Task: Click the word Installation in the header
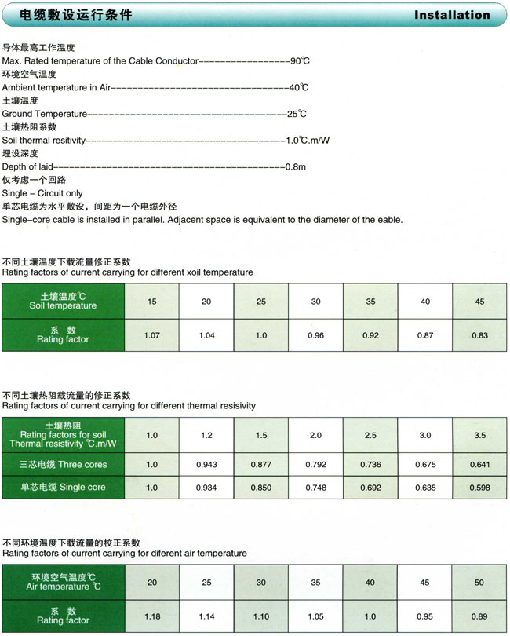click(451, 15)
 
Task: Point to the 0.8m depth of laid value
click(295, 166)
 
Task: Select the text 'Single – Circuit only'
click(42, 193)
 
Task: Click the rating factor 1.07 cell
click(151, 335)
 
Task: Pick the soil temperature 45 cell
click(479, 302)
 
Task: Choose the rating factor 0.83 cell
click(479, 335)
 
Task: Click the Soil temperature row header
click(63, 302)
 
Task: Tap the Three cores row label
click(63, 464)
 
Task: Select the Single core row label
click(63, 488)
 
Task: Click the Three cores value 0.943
click(206, 464)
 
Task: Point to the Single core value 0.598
click(479, 488)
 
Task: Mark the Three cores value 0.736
click(370, 464)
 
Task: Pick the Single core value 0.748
click(315, 488)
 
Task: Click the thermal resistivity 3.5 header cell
click(479, 435)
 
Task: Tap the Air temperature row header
click(63, 582)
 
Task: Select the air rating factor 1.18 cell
click(151, 616)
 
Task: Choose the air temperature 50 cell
click(479, 582)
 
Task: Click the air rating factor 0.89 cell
click(479, 616)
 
